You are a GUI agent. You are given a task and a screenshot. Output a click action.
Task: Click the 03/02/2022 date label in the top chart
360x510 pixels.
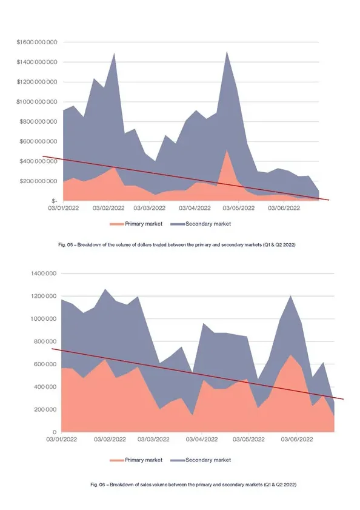108,209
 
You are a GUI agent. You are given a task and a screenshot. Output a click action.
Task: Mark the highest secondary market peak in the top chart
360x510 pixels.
227,52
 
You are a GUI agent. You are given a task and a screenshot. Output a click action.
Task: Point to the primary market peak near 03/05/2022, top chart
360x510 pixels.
227,150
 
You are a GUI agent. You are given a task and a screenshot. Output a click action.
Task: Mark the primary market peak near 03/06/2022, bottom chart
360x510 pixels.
291,355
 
